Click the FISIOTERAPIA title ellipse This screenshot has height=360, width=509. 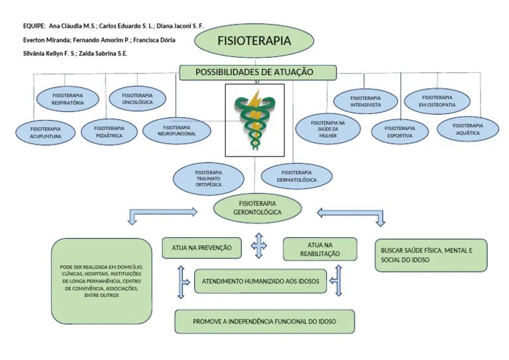[x=254, y=40]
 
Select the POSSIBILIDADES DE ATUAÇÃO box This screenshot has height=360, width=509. [x=258, y=72]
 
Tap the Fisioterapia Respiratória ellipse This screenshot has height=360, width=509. [x=68, y=99]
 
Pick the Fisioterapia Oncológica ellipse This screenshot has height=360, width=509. [x=137, y=99]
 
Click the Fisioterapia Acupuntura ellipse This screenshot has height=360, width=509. [x=46, y=133]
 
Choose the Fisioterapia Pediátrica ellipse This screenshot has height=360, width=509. [x=109, y=132]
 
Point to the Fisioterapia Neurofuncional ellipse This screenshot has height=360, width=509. [x=176, y=131]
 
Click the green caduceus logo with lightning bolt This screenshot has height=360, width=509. [x=255, y=120]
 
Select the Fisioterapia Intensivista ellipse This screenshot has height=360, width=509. [x=366, y=101]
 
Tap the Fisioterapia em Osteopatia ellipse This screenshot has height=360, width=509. [x=437, y=101]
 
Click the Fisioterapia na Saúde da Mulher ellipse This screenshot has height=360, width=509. [x=328, y=129]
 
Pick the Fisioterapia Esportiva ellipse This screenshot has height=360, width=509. [x=400, y=132]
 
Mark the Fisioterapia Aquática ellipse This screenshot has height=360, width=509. [x=468, y=129]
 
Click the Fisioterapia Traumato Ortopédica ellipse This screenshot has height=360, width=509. [x=208, y=178]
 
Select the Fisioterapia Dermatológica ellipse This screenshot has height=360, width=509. [x=296, y=176]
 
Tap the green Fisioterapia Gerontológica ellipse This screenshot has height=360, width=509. [x=257, y=208]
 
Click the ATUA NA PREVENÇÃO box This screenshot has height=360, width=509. [x=201, y=248]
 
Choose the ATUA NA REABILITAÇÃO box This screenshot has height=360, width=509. [x=319, y=249]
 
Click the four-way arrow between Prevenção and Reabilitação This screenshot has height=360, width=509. [x=258, y=245]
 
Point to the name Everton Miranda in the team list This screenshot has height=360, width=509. [x=46, y=40]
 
